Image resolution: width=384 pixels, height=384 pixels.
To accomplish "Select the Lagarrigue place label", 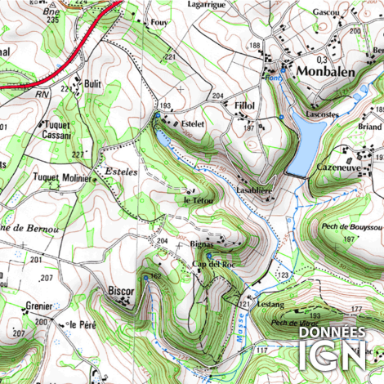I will click(x=205, y=5).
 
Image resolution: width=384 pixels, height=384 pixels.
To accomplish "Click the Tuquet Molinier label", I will click(x=61, y=176).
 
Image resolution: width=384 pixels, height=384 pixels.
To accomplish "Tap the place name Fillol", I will click(x=244, y=106).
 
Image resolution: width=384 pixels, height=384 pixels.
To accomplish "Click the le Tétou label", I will click(x=199, y=200).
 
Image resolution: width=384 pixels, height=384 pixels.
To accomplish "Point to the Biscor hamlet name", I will click(x=121, y=290).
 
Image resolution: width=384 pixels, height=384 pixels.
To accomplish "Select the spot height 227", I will click(x=78, y=154).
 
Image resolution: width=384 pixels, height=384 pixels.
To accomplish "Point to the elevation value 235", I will click(x=54, y=19).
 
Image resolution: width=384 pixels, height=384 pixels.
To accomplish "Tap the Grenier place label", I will click(x=38, y=306).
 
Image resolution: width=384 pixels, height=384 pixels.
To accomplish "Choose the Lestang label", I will click(x=270, y=304).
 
